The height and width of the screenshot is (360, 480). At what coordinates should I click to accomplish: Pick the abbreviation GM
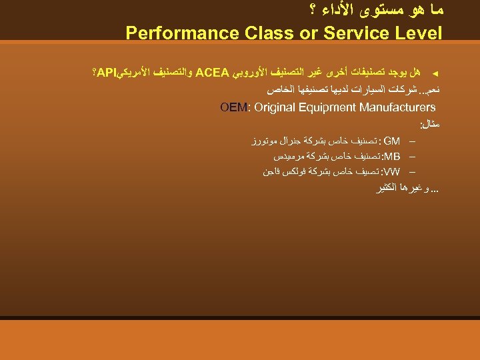[x=392, y=141]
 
